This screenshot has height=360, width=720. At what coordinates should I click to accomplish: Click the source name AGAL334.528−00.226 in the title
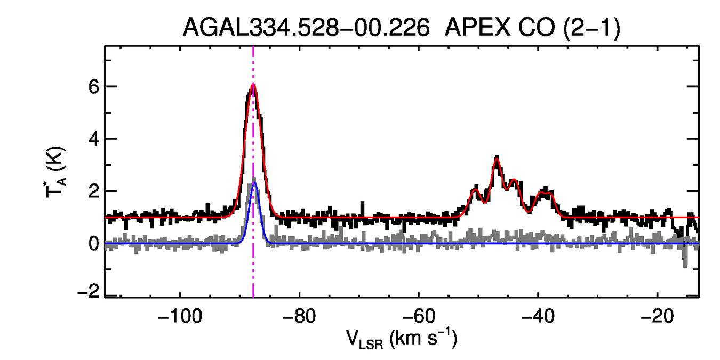click(306, 28)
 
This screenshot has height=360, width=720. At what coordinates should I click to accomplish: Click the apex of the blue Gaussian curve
click(254, 183)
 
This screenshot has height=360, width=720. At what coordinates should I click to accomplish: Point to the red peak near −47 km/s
click(497, 158)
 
